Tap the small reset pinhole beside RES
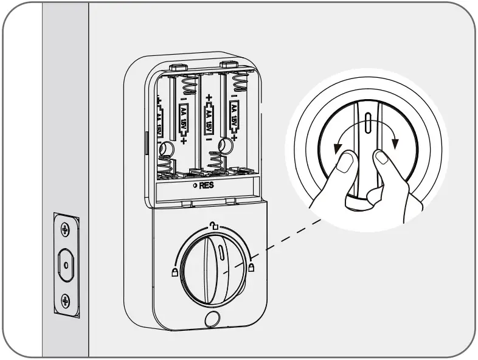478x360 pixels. coord(194,185)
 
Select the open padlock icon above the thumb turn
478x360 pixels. coord(213,226)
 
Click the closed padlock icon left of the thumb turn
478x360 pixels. coord(175,272)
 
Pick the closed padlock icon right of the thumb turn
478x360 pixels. coord(251,266)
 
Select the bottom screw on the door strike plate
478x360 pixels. coord(66,300)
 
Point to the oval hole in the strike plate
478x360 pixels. coord(66,265)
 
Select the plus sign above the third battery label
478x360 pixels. coord(209,97)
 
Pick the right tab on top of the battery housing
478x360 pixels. coord(228,63)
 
